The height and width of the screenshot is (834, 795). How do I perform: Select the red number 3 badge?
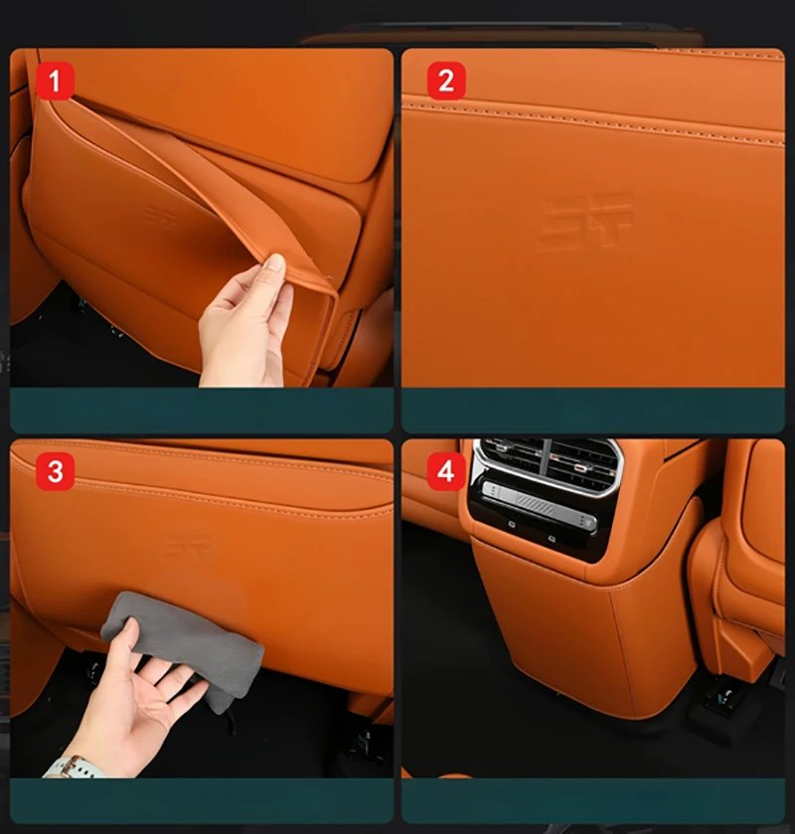coord(56,471)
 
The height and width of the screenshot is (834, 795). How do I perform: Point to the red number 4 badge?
coord(445,471)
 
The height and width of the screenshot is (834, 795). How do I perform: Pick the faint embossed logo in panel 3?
coord(188,543)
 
